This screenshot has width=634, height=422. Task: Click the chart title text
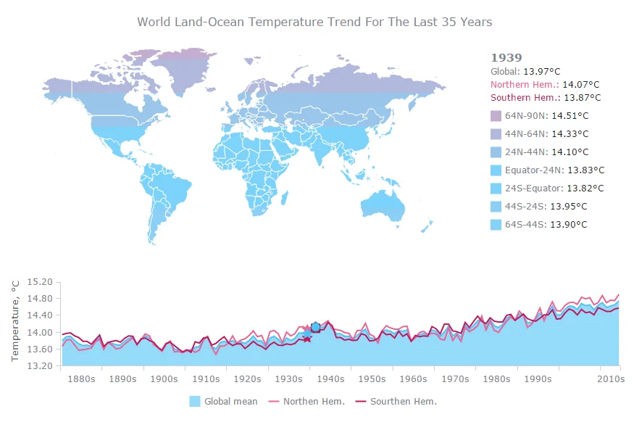314,22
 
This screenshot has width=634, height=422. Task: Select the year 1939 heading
506,58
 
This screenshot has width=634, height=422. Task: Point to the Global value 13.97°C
542,72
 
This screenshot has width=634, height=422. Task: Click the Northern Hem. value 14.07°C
581,85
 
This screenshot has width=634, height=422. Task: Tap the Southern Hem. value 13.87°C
583,97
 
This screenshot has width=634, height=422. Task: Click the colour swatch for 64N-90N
496,116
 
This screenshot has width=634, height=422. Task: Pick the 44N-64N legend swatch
496,134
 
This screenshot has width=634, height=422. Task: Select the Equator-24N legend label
534,170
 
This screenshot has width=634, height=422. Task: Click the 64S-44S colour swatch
496,225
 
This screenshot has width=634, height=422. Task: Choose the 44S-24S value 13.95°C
569,207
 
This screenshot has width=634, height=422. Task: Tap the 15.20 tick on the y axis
40,281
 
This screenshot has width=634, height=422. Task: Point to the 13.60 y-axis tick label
40,349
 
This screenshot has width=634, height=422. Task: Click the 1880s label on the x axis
81,379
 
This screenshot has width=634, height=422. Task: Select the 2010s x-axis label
611,379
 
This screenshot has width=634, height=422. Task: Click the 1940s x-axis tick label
330,379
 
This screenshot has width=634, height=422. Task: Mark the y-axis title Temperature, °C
15,320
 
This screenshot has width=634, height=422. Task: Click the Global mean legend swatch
195,402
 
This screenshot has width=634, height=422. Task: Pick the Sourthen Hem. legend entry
396,402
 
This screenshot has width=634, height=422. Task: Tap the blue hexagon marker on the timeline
315,327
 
